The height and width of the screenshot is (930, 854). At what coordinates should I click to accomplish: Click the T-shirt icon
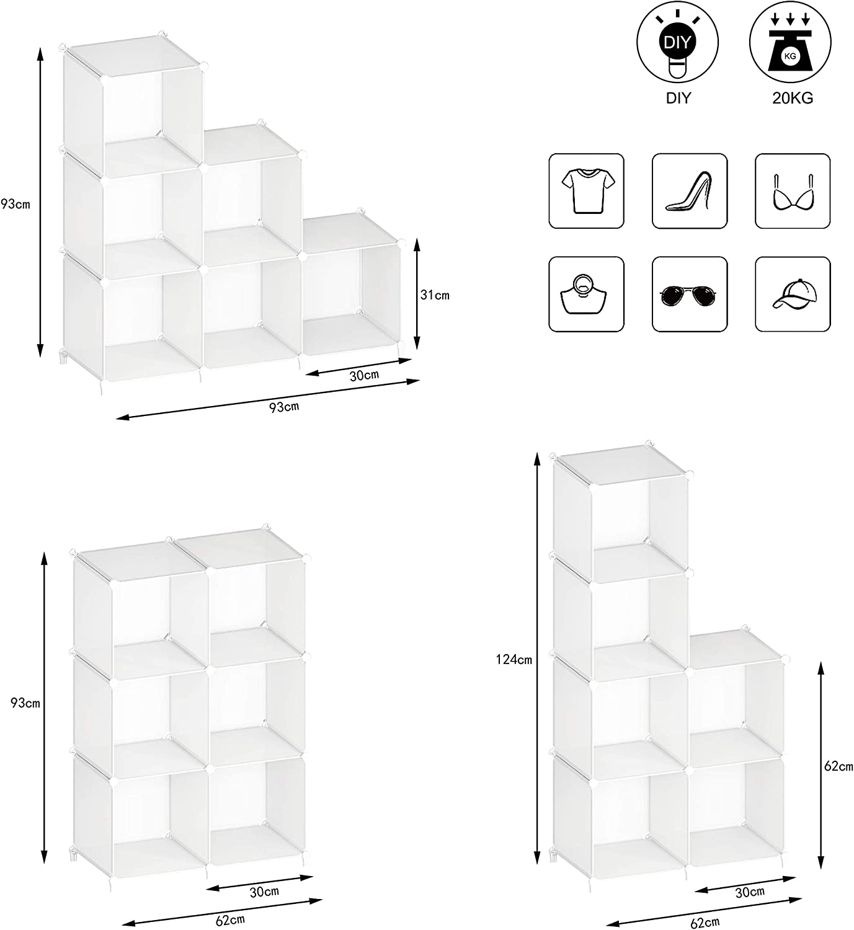pyautogui.click(x=586, y=191)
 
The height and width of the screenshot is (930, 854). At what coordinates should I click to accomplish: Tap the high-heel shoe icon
pyautogui.click(x=689, y=191)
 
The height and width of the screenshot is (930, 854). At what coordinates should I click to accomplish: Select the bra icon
pyautogui.click(x=793, y=191)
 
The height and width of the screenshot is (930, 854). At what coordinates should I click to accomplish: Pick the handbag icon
pyautogui.click(x=586, y=294)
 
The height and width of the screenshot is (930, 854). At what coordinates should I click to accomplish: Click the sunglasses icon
pyautogui.click(x=689, y=294)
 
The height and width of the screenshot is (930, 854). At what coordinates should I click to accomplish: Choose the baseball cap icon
pyautogui.click(x=793, y=294)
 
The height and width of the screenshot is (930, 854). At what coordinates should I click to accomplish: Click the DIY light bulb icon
pyautogui.click(x=677, y=43)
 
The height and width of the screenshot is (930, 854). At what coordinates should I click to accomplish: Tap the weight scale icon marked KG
pyautogui.click(x=790, y=43)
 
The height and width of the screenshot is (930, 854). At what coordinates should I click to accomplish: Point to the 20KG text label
pyautogui.click(x=793, y=99)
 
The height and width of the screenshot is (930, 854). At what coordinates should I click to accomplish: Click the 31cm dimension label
pyautogui.click(x=435, y=295)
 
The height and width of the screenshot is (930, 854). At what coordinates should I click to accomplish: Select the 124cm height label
pyautogui.click(x=514, y=659)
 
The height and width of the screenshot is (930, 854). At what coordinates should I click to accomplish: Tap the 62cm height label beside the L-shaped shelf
pyautogui.click(x=838, y=766)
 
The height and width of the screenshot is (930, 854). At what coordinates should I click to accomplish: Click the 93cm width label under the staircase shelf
pyautogui.click(x=284, y=407)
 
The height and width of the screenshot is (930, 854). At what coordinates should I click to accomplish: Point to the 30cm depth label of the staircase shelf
pyautogui.click(x=364, y=376)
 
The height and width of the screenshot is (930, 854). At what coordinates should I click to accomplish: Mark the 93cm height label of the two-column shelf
pyautogui.click(x=25, y=703)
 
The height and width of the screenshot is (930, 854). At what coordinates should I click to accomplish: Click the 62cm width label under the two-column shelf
pyautogui.click(x=231, y=920)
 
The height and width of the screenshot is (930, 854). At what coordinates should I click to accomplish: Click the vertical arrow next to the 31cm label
pyautogui.click(x=417, y=294)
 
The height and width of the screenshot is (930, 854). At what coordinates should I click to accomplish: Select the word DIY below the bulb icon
pyautogui.click(x=678, y=99)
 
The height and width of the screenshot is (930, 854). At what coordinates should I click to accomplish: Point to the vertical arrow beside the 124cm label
pyautogui.click(x=537, y=658)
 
